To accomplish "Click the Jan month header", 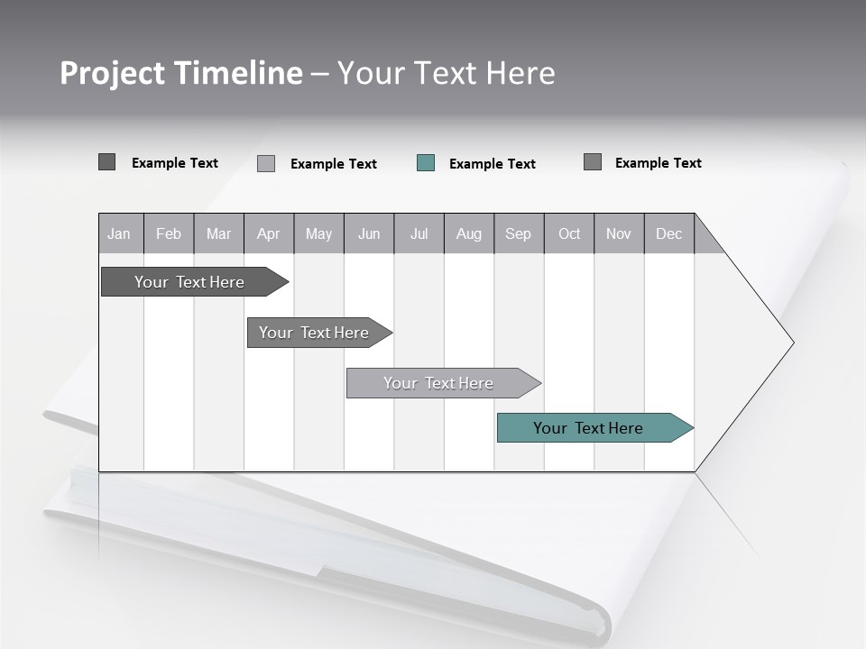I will [x=120, y=233].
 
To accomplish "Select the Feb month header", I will [x=169, y=233].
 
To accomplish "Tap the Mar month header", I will [x=218, y=233].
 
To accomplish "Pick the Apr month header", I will [x=269, y=233].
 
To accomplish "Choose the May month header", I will [x=318, y=233].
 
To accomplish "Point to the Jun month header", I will [x=369, y=233].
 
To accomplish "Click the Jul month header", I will [x=419, y=233].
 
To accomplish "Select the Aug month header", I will [x=469, y=233].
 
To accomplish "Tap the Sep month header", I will [x=519, y=233].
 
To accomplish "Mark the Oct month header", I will [x=569, y=233].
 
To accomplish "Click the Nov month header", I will [x=619, y=233].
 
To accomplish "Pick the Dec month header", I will [x=669, y=233].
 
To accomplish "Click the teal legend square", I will [x=426, y=163].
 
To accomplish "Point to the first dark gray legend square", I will [x=106, y=162].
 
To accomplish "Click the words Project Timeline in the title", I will [x=181, y=73].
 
